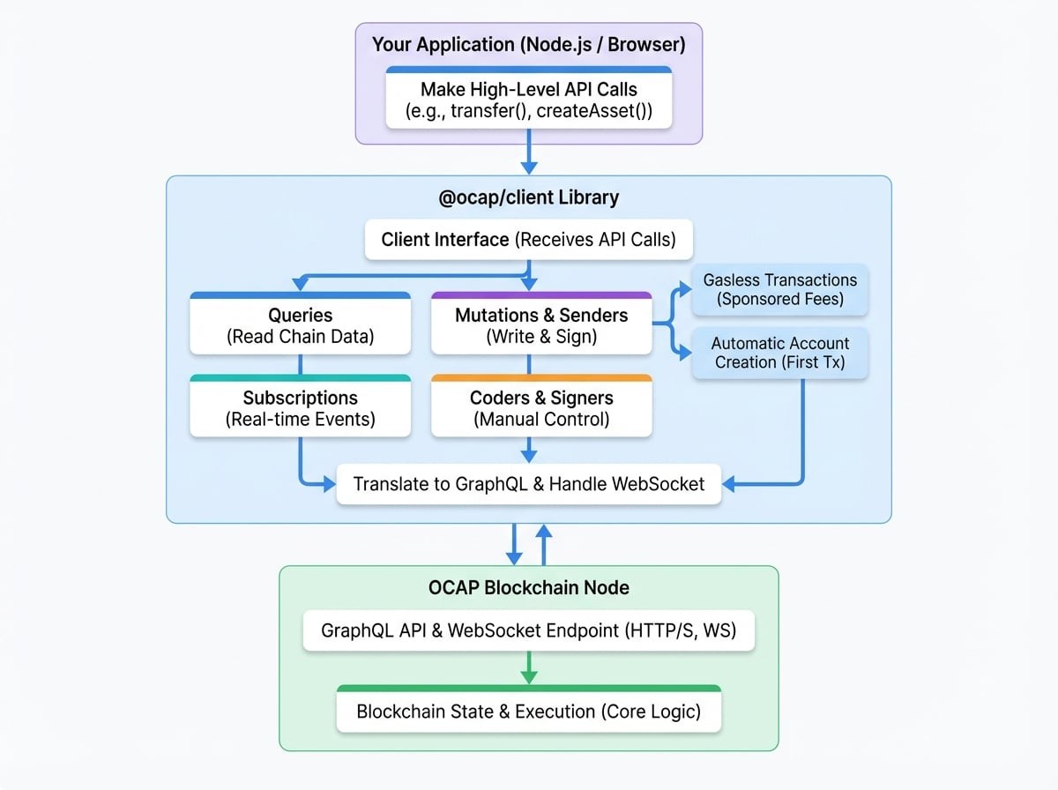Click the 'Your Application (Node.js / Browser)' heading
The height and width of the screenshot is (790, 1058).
point(528,44)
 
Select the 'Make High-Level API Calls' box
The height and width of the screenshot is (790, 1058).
point(528,99)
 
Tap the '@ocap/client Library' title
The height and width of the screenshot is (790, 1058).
point(528,197)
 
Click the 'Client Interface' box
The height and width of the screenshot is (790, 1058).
point(528,239)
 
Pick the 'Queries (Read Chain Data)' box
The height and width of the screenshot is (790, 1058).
point(301,324)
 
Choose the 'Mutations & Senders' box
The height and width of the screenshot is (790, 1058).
point(541,324)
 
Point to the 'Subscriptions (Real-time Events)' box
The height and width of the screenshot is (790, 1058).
point(301,408)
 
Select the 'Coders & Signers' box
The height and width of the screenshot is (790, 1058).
point(541,408)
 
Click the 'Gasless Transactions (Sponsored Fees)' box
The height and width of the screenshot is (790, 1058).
point(780,289)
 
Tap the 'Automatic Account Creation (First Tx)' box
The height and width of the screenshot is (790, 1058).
point(780,354)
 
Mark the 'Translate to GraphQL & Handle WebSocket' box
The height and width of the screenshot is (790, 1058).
point(528,484)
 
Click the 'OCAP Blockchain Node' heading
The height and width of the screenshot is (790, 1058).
point(528,587)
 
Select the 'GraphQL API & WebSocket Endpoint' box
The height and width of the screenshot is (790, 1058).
point(528,631)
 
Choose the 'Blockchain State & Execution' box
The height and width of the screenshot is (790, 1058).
point(528,711)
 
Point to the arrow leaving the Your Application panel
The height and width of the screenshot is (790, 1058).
point(528,154)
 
